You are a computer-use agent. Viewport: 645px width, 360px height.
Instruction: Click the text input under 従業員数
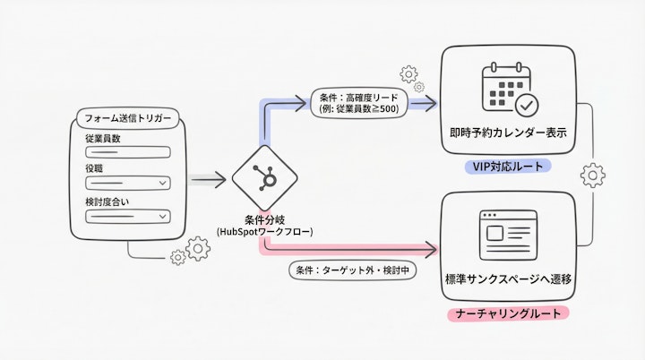[x=126, y=151]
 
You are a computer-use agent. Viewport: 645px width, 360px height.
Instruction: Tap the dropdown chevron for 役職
[x=162, y=184]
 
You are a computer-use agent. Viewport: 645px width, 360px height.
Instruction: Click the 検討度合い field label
[x=107, y=201]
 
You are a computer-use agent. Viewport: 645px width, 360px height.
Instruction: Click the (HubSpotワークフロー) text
[x=264, y=232]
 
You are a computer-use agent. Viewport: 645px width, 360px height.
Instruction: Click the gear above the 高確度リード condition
[x=408, y=73]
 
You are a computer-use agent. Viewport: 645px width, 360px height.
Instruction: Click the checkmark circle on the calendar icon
[x=526, y=106]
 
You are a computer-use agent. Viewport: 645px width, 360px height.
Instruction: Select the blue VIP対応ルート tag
[x=508, y=167]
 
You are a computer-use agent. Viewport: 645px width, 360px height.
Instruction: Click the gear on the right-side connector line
[x=592, y=175]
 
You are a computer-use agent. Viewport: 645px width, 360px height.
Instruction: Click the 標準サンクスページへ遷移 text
[x=508, y=280]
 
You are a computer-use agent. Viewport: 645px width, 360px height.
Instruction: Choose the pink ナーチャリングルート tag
[x=508, y=313]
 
